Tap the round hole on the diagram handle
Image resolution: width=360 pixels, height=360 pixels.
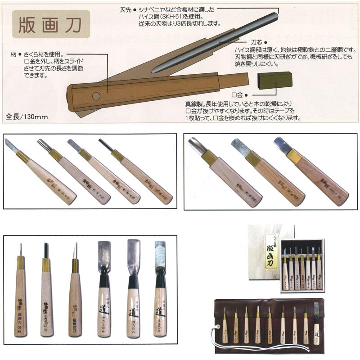96,96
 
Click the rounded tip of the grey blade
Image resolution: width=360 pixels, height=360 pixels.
274,17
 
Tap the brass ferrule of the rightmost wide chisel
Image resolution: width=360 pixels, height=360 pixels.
294,156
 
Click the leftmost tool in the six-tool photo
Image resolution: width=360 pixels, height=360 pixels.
21,292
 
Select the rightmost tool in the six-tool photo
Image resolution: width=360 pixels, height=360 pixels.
160,292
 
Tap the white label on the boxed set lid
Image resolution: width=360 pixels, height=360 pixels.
271,252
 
